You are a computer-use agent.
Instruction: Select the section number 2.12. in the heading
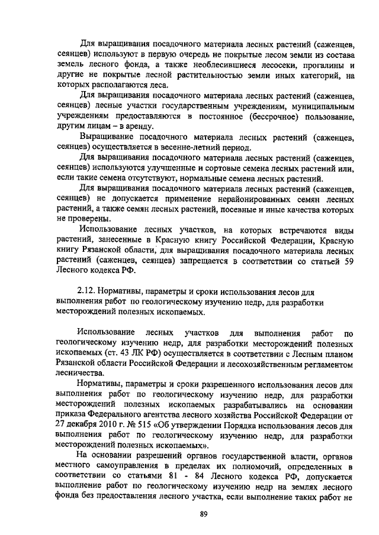click(87, 292)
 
